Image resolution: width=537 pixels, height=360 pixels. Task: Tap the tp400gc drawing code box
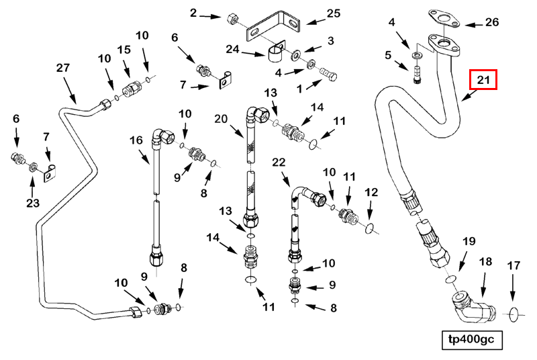[x=471, y=340]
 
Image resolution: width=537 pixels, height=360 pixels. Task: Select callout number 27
[x=63, y=68]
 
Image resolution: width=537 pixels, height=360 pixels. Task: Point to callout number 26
[x=492, y=23]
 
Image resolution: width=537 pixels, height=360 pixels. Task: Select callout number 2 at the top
[x=194, y=13]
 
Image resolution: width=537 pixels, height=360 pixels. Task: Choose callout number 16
[x=136, y=140]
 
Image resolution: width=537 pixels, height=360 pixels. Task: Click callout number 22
[x=279, y=162]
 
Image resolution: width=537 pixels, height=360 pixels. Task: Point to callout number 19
[x=469, y=241]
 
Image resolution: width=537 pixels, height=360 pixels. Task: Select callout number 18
[x=485, y=261]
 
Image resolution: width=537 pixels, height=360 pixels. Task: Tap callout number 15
[x=124, y=50]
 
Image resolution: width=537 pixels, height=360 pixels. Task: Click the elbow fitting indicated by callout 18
[x=469, y=305]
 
